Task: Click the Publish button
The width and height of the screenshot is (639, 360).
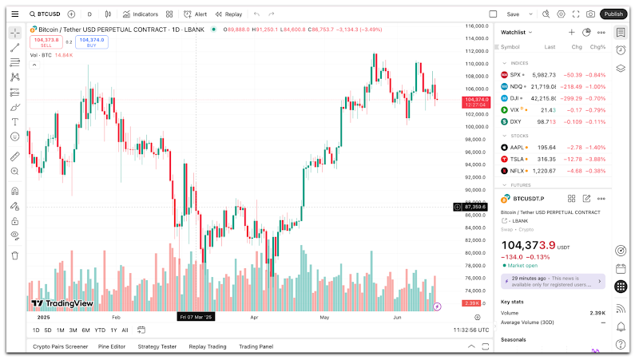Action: click(613, 14)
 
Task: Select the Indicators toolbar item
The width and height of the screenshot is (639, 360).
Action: click(140, 14)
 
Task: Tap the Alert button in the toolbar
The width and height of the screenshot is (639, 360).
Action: click(195, 14)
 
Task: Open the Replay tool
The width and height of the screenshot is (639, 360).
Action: click(228, 14)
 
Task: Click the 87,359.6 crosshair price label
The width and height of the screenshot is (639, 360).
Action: click(475, 207)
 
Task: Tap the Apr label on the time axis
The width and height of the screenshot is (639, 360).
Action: click(254, 317)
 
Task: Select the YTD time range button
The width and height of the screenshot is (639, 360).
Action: click(100, 330)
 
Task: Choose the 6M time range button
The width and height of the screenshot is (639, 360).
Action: click(85, 330)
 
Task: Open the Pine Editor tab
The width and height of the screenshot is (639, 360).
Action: click(112, 346)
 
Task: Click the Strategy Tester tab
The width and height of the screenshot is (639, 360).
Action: click(157, 346)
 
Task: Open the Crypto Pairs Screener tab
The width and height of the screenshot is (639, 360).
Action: click(61, 346)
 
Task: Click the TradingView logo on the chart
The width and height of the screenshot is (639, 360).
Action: click(62, 303)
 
